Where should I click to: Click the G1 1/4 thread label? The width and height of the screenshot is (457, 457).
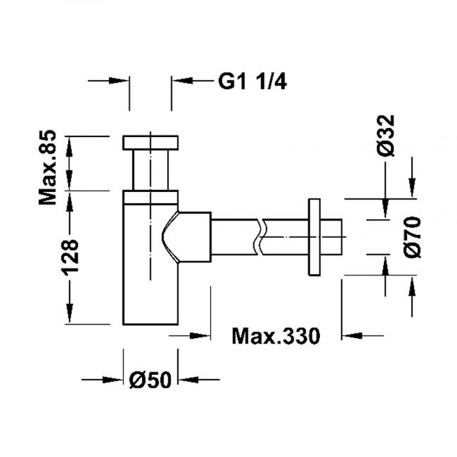click(252, 81)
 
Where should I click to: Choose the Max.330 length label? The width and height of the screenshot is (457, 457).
click(275, 335)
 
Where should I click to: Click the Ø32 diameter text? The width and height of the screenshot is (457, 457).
click(386, 135)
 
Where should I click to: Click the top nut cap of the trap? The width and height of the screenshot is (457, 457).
click(151, 142)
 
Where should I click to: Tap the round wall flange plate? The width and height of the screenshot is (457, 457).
click(315, 237)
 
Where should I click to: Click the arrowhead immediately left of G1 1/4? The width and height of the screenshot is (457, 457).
click(182, 80)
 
